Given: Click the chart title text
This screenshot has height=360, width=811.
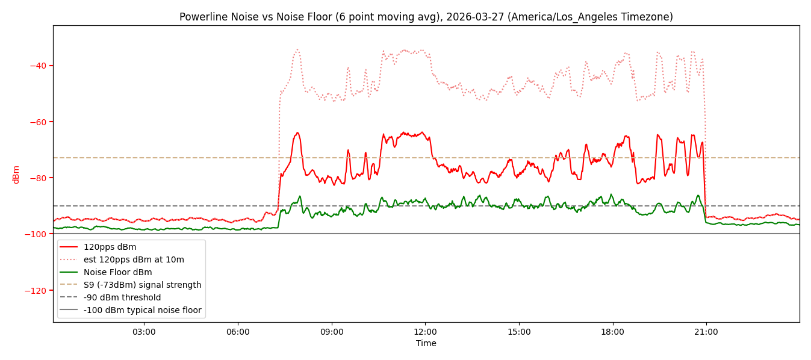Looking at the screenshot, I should (x=426, y=17).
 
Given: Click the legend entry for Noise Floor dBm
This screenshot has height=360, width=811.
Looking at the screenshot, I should (x=117, y=272).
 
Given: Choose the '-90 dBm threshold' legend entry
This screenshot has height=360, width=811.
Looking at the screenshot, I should (x=122, y=297).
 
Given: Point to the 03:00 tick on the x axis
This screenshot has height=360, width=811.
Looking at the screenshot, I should (x=144, y=332).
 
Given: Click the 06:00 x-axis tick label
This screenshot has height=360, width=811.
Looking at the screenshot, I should (x=238, y=332).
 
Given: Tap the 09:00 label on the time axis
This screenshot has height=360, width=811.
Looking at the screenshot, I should (x=331, y=332).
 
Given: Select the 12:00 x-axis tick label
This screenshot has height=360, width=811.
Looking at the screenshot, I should (x=425, y=332).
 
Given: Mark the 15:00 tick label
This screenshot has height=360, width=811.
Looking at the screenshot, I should (x=519, y=332).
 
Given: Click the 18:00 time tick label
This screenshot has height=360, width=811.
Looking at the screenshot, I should (x=612, y=332).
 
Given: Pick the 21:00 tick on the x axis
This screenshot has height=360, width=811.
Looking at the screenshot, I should (x=706, y=332).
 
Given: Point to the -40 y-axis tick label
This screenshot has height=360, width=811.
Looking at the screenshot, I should (x=39, y=66).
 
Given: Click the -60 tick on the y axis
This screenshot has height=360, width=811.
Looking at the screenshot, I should (x=39, y=122).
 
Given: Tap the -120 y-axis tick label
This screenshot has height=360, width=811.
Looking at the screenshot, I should (x=36, y=290).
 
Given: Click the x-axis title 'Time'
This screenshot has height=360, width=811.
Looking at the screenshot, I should (x=426, y=343).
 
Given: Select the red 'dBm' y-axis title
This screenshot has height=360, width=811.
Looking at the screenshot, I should (x=16, y=174).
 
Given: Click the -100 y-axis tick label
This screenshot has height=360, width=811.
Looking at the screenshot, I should (x=36, y=234).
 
